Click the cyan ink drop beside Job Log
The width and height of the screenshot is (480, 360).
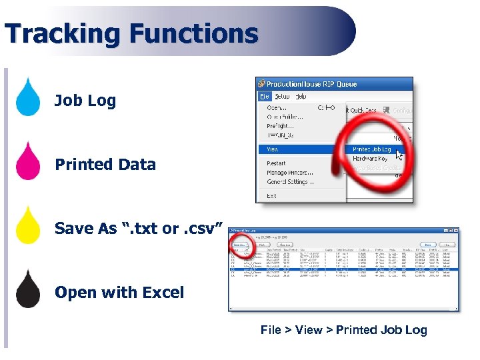coord(28,98)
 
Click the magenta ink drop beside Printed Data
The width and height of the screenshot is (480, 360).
coord(28,162)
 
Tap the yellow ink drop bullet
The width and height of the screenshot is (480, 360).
coord(28,226)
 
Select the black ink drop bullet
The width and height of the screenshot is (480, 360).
coord(28,290)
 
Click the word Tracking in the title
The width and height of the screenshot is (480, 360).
coord(63,33)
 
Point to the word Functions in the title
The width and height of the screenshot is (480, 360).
coord(193,33)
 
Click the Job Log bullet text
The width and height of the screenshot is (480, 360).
coord(85,101)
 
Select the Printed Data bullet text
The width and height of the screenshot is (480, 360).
coord(105,165)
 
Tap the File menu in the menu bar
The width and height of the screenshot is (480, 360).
coord(265,96)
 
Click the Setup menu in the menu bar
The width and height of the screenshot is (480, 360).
coord(282,96)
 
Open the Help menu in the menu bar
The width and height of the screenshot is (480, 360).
coord(301,96)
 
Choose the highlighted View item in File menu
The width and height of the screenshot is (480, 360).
coord(274,149)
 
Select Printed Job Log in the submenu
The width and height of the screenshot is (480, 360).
coord(372,149)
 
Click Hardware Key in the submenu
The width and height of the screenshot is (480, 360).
coord(369,159)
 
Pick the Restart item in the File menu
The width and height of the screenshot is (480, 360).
coord(276,163)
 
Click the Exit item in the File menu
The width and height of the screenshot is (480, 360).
coord(271,196)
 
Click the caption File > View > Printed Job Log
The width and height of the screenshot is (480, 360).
coord(343,330)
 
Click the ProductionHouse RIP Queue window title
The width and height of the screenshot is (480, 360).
coord(311,84)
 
